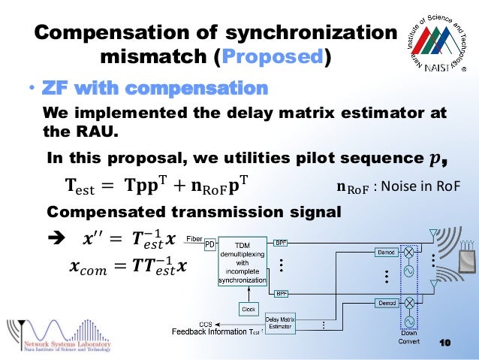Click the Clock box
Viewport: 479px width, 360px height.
(x=249, y=308)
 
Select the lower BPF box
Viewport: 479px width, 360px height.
(x=281, y=292)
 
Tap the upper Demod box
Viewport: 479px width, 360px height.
(x=386, y=253)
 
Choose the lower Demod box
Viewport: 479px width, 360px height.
(x=386, y=302)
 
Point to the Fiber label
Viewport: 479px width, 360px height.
(x=194, y=237)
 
